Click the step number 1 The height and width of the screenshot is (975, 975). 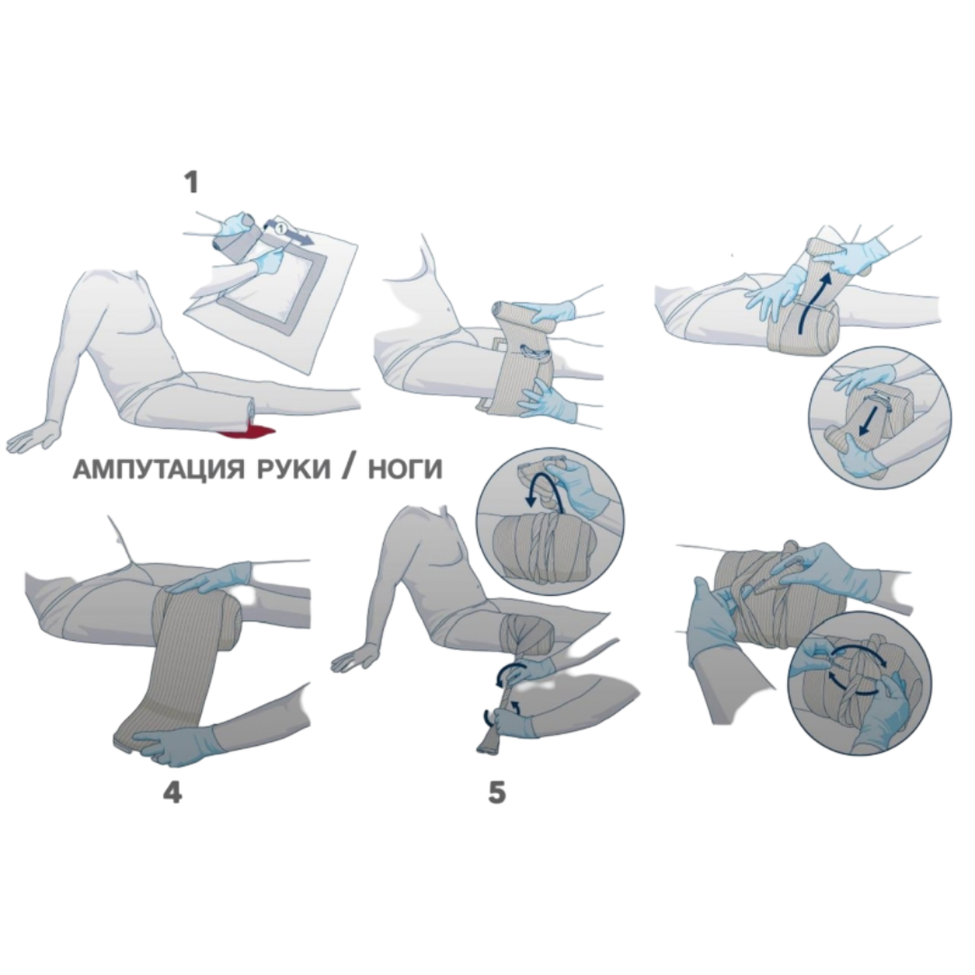click(x=190, y=182)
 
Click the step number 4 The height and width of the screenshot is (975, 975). click(x=172, y=792)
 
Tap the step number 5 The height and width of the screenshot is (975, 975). click(x=497, y=793)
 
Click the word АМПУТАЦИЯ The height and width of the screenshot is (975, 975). click(x=158, y=470)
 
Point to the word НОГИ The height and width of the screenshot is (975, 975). click(x=404, y=470)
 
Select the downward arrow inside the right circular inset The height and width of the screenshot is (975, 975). click(x=866, y=423)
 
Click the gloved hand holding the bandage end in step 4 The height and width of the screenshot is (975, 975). click(x=177, y=740)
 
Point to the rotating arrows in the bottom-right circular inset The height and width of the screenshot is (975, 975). click(x=859, y=667)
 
